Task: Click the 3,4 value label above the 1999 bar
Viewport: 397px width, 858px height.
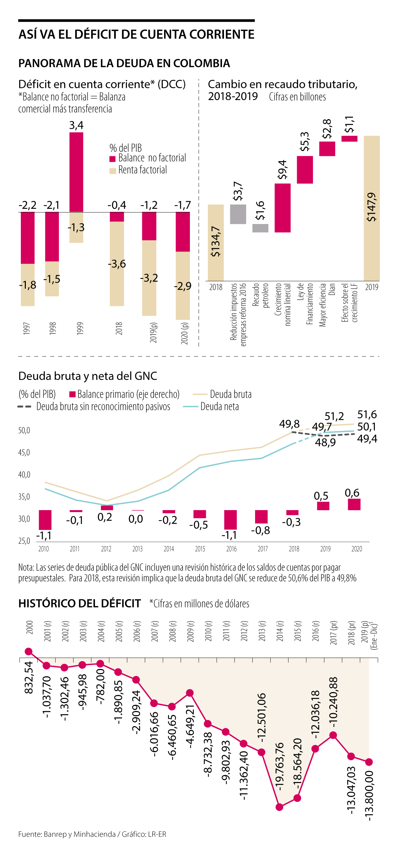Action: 76,125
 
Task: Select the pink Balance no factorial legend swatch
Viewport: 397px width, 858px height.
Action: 112,159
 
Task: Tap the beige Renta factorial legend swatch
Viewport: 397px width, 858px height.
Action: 112,171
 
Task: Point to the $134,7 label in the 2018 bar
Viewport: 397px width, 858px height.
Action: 215,242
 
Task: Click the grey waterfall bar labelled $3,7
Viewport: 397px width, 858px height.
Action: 238,214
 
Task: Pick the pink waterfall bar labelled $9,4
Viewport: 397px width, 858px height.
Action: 283,208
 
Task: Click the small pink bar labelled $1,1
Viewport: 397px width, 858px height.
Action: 349,138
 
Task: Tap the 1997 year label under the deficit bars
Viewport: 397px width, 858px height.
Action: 27,328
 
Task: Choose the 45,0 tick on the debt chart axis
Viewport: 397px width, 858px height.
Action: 24,453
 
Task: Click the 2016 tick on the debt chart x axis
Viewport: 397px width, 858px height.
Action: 231,548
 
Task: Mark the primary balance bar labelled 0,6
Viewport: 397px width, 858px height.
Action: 354,504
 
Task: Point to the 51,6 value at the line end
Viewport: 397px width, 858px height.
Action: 367,414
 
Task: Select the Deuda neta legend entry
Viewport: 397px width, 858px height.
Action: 219,407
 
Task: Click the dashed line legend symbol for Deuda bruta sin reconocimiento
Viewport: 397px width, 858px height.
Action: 24,407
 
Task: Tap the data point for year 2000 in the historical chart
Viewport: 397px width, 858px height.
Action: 29,651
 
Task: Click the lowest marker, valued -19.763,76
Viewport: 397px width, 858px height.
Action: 280,807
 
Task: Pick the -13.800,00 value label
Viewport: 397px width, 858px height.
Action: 369,796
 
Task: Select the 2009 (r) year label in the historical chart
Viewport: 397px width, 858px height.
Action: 190,631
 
